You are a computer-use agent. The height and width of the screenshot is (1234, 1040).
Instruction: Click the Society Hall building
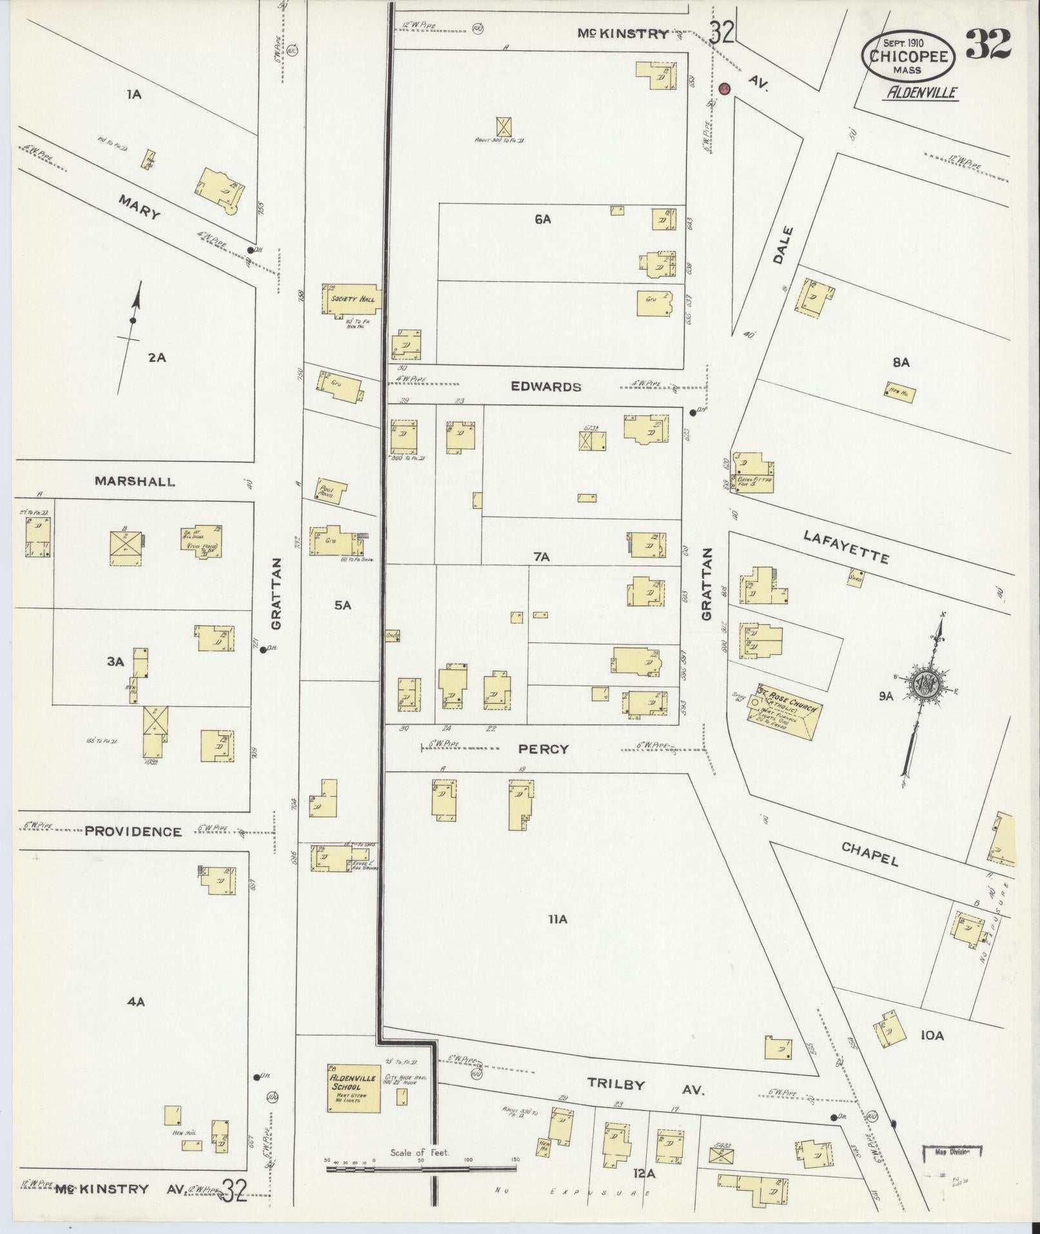point(352,300)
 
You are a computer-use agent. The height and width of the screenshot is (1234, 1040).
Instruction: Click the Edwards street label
point(545,387)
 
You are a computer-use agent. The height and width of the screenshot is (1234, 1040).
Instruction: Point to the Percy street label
point(545,749)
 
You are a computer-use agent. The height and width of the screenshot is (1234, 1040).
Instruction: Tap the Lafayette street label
point(845,546)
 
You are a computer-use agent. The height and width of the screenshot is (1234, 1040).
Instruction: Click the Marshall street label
point(134,481)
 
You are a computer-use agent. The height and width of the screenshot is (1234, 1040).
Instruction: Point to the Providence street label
point(133,831)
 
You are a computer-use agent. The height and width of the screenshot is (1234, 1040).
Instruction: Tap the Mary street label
point(138,207)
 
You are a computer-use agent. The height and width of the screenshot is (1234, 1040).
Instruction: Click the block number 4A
point(135,1002)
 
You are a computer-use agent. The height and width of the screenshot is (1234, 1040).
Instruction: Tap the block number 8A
point(901,363)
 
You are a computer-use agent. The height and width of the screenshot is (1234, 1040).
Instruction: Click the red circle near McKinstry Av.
point(724,88)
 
